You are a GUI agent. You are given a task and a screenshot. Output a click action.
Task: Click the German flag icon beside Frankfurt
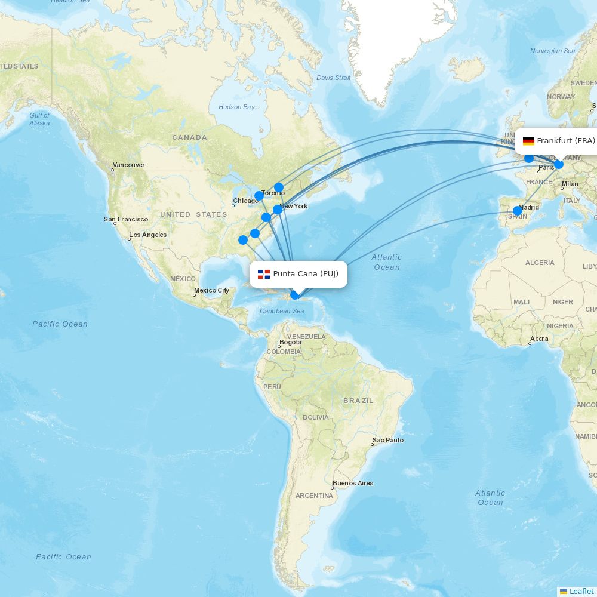pyautogui.click(x=528, y=141)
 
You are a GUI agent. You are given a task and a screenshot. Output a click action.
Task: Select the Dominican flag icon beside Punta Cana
pyautogui.click(x=264, y=274)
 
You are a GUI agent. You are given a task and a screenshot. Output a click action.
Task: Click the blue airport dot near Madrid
pyautogui.click(x=518, y=211)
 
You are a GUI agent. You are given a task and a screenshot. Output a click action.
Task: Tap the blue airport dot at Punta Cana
pyautogui.click(x=295, y=294)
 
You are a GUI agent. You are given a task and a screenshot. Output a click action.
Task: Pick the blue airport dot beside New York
pyautogui.click(x=278, y=210)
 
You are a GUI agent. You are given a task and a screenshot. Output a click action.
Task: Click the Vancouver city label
pyautogui.click(x=128, y=165)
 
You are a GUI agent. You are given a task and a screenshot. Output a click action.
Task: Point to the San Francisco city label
pyautogui.click(x=125, y=219)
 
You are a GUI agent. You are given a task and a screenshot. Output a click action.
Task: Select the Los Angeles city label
pyautogui.click(x=147, y=235)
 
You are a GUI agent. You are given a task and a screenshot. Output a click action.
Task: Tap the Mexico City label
pyautogui.click(x=211, y=290)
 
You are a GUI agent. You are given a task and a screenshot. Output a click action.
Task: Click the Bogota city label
pyautogui.click(x=290, y=342)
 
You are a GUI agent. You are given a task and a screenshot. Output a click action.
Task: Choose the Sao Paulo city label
pyautogui.click(x=387, y=440)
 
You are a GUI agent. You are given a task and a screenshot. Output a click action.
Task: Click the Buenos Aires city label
pyautogui.click(x=352, y=483)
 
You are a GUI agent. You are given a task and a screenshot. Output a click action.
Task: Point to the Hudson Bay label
pyautogui.click(x=236, y=107)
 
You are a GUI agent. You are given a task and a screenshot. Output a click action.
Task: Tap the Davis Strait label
pyautogui.click(x=333, y=78)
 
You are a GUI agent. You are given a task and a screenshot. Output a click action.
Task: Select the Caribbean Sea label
pyautogui.click(x=282, y=311)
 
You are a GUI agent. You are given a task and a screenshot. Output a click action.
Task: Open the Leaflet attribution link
pyautogui.click(x=581, y=591)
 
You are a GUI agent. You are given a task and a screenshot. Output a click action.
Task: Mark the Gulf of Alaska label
pyautogui.click(x=39, y=119)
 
